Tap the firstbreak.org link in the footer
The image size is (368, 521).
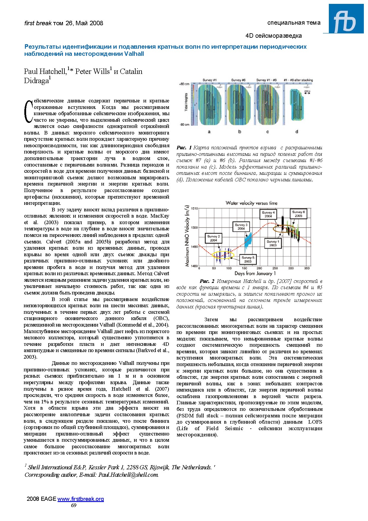pyautogui.click(x=80, y=499)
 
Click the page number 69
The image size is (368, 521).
pyautogui.click(x=74, y=505)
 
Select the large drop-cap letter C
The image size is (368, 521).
pyautogui.click(x=28, y=111)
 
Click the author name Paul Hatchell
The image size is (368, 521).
pyautogui.click(x=45, y=71)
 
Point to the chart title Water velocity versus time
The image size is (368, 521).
pyautogui.click(x=251, y=203)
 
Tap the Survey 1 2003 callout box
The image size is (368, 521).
pyautogui.click(x=273, y=243)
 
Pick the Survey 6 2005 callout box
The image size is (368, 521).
pyautogui.click(x=298, y=214)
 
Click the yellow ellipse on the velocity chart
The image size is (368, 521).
pyautogui.click(x=223, y=255)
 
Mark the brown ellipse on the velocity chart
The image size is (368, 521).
pyautogui.click(x=284, y=229)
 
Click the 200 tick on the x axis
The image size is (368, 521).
pyautogui.click(x=259, y=268)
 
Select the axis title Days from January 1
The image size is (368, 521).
pyautogui.click(x=255, y=273)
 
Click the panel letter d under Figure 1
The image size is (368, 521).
pyautogui.click(x=297, y=132)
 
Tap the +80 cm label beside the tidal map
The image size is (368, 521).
pyautogui.click(x=184, y=84)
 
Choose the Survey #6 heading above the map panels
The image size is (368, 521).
pyautogui.click(x=238, y=80)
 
